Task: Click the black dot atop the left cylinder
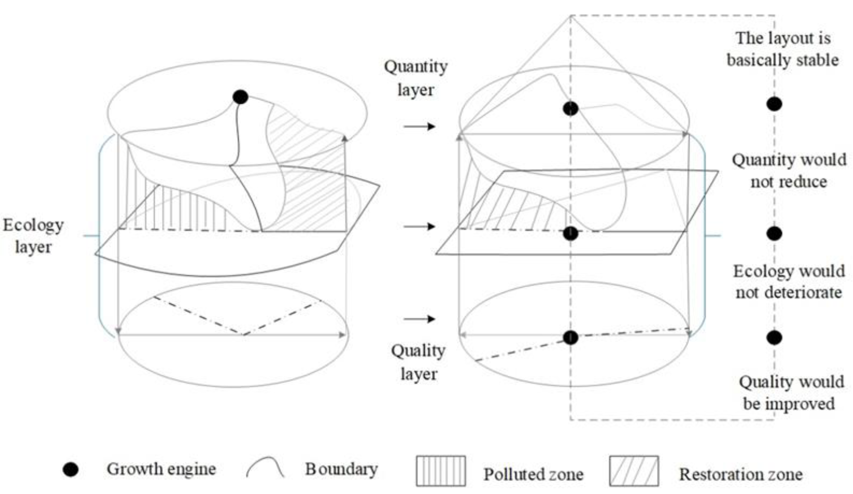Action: [240, 97]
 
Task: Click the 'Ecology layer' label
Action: [33, 236]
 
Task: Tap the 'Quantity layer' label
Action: [416, 78]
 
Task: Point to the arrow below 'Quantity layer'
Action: [419, 127]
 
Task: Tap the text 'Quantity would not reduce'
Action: [789, 171]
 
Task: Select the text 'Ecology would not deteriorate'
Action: [789, 282]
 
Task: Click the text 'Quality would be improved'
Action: [791, 393]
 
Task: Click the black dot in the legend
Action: [71, 470]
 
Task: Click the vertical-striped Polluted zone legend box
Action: [441, 471]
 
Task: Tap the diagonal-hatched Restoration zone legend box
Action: [634, 471]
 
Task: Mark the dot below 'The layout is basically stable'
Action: [774, 104]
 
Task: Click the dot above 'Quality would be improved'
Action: [774, 337]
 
